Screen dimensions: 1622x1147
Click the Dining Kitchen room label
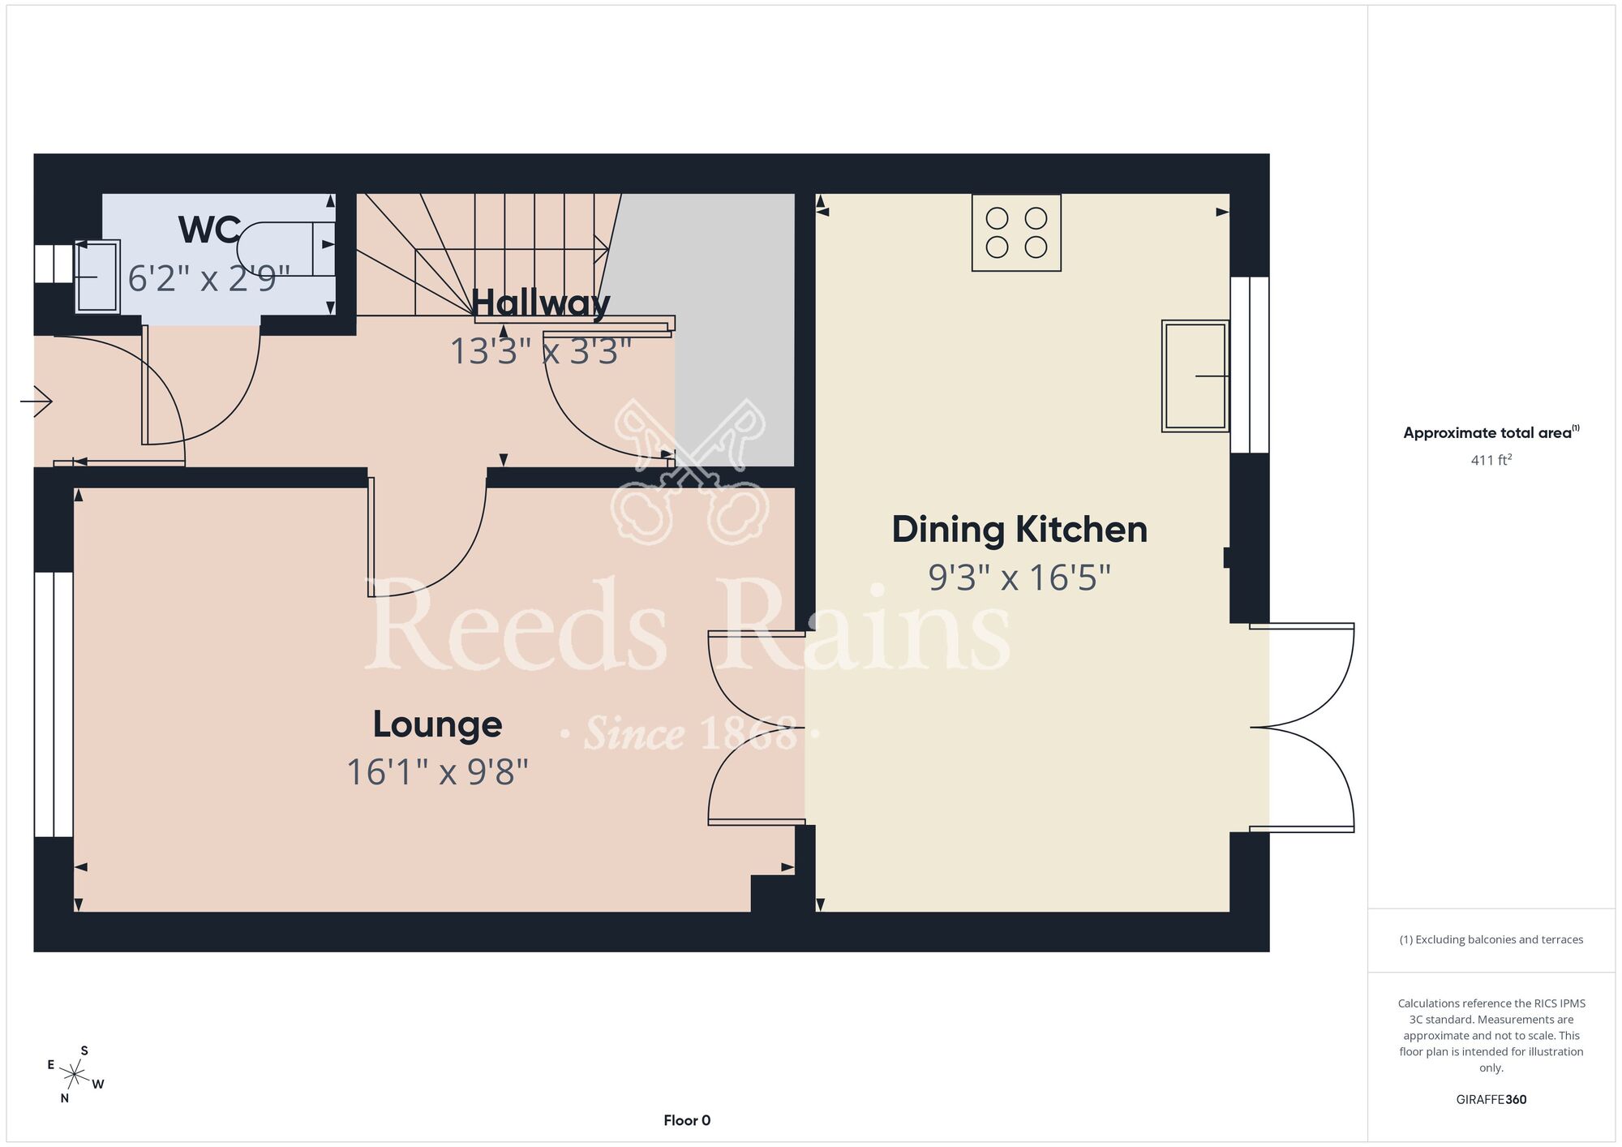click(1019, 530)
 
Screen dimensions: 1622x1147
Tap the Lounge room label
click(437, 724)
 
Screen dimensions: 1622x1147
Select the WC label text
click(209, 230)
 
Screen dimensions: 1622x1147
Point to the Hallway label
click(540, 303)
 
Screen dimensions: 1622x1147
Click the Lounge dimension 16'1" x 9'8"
click(437, 772)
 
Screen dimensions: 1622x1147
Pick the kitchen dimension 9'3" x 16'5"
click(1019, 578)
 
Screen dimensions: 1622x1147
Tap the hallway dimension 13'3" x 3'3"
click(540, 351)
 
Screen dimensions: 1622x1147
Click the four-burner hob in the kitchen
click(1016, 232)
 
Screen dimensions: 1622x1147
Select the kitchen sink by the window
click(1195, 376)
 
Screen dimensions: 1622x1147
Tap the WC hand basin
click(97, 277)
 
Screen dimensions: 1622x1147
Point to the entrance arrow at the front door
click(36, 401)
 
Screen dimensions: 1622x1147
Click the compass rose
click(75, 1076)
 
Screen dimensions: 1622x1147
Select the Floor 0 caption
click(687, 1120)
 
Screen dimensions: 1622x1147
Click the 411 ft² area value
click(1491, 460)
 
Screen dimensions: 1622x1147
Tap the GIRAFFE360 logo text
click(1491, 1100)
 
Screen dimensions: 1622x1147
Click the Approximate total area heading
click(1491, 432)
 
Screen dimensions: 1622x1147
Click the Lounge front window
click(54, 704)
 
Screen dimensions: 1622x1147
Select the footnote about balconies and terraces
click(1491, 939)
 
